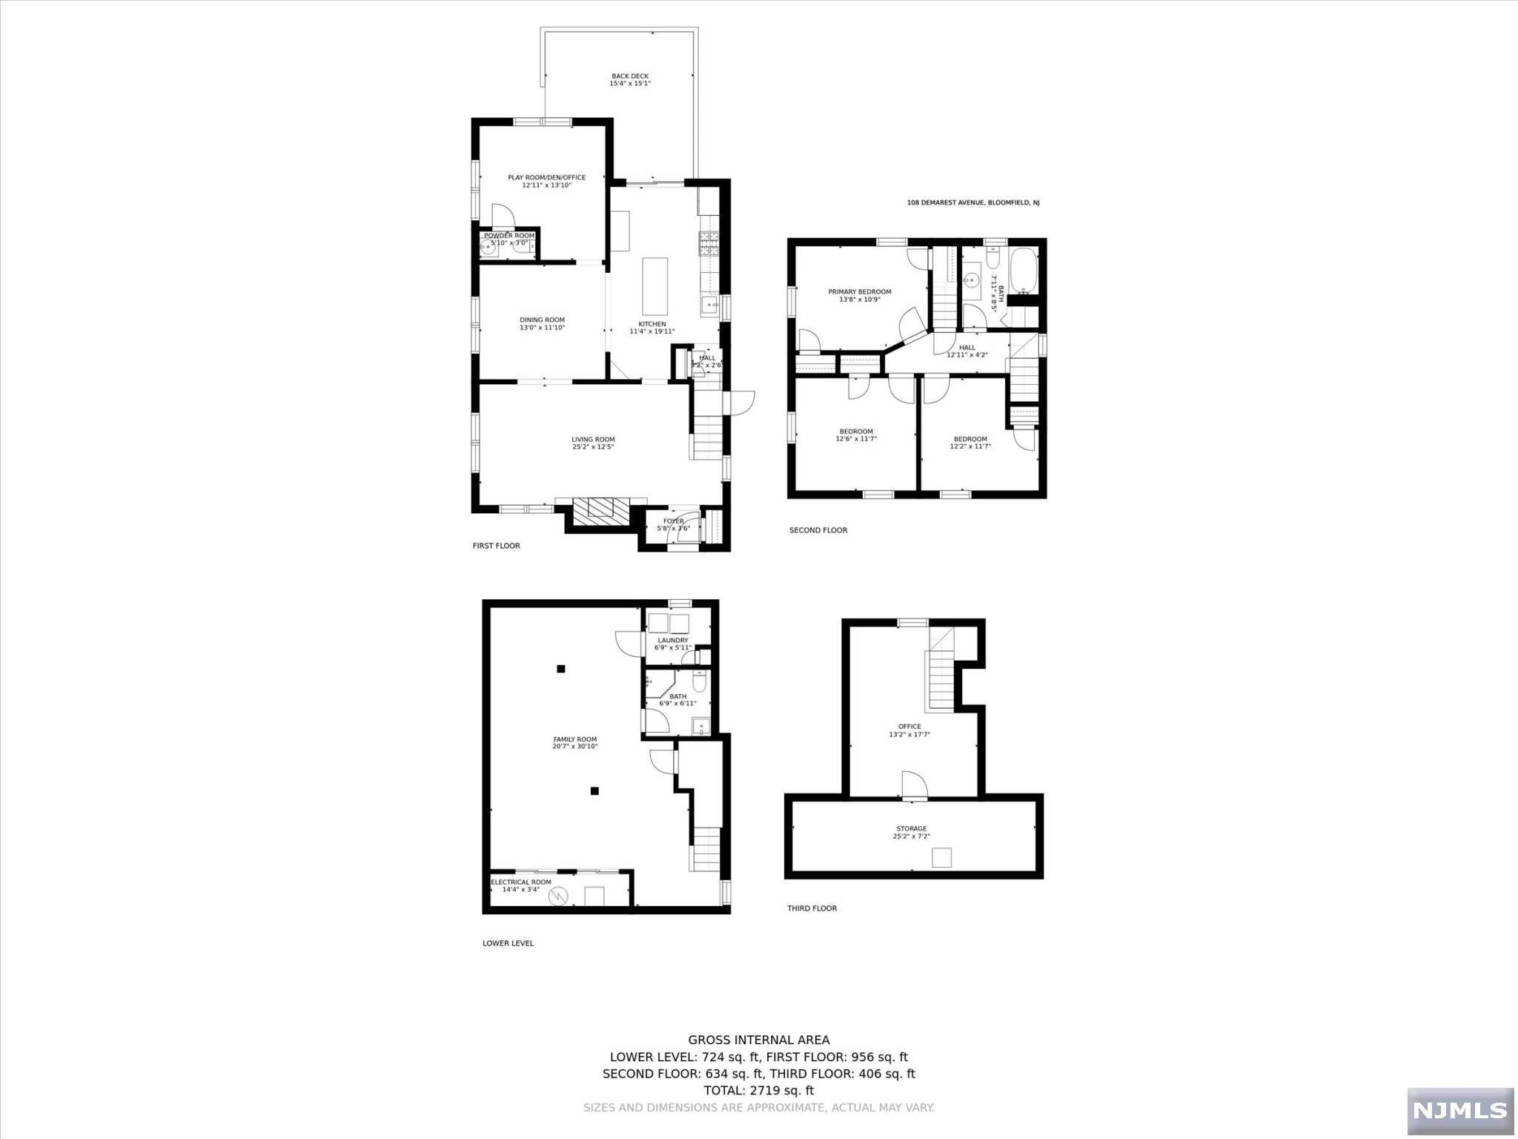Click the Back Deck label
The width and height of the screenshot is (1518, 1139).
coord(630,76)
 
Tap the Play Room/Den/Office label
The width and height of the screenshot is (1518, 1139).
coord(546,177)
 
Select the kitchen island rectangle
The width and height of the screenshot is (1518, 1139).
coord(654,287)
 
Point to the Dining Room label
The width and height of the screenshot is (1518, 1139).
coord(542,320)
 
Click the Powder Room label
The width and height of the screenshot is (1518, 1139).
coord(509,236)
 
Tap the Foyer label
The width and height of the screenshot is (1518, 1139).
coord(673,521)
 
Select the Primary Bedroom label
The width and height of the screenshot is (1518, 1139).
coord(860,291)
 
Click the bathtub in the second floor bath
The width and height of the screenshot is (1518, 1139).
coord(1024,270)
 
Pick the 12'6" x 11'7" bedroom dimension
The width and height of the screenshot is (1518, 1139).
coord(856,439)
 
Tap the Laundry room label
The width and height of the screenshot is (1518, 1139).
coord(673,640)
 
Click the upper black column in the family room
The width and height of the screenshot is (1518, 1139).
coord(561,669)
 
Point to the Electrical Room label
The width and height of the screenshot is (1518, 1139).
coord(521,882)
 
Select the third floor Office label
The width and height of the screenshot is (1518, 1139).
coord(909,727)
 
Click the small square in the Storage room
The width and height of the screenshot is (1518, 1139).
coord(941,858)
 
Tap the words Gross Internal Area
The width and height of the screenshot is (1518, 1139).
coord(758,1040)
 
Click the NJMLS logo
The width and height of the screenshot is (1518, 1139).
coord(1459,1110)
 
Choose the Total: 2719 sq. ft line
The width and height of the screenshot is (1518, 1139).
coord(758,1091)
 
